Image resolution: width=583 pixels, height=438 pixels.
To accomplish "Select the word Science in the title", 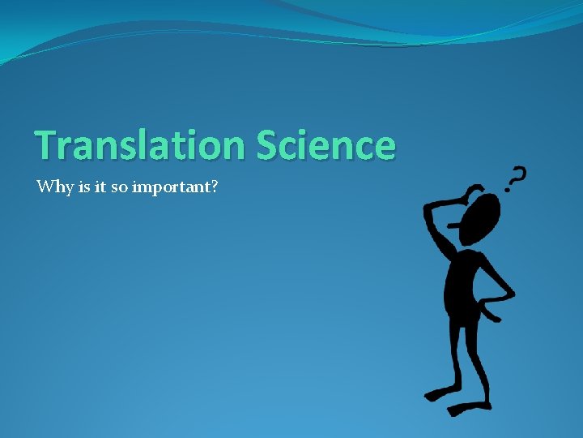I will click(x=326, y=146).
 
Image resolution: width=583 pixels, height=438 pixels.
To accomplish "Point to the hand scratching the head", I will click(x=467, y=195).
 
